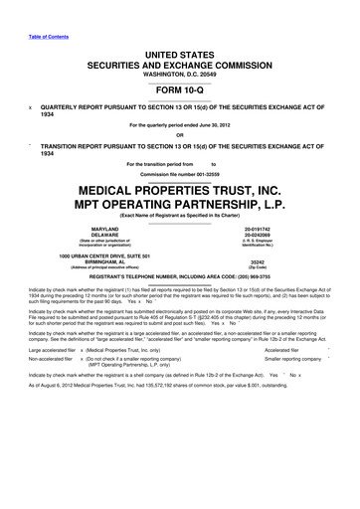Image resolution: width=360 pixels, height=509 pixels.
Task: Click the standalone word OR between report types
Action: (180, 136)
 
